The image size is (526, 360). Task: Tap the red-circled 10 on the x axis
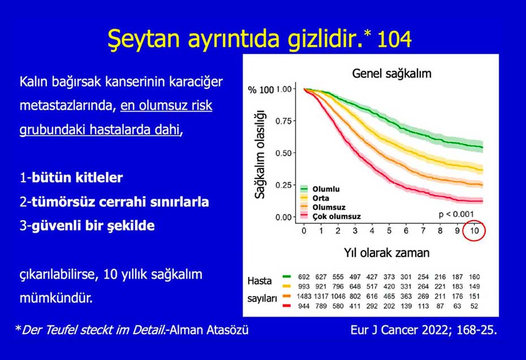click(x=476, y=231)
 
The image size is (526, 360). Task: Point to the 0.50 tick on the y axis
click(x=283, y=153)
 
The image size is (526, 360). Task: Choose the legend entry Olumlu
click(x=325, y=189)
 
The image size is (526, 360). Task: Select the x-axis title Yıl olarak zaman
click(x=386, y=252)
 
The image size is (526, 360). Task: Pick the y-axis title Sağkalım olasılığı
click(x=260, y=153)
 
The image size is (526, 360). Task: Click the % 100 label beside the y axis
click(x=261, y=89)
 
